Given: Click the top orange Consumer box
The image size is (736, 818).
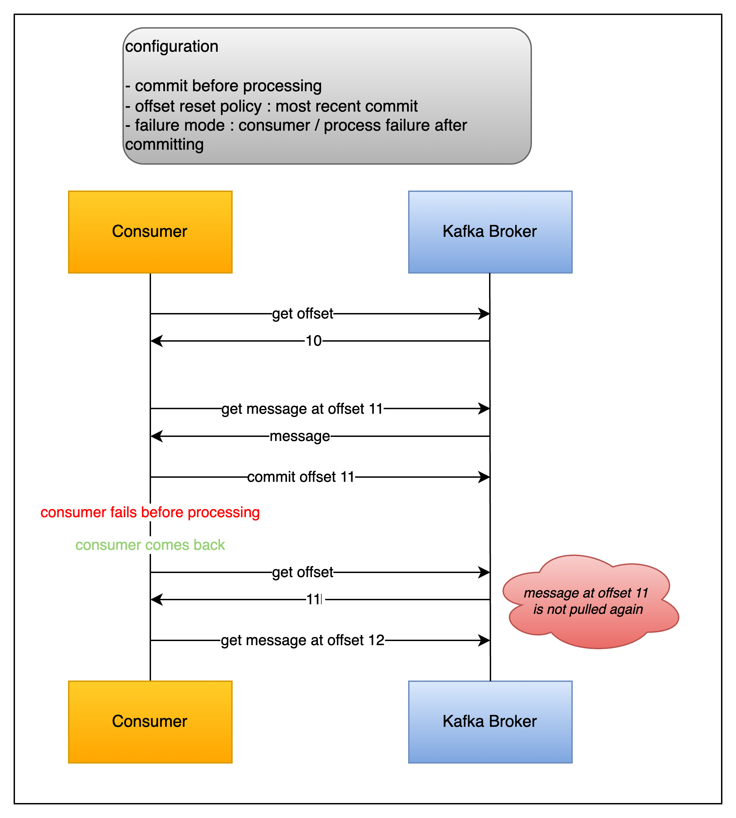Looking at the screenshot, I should pyautogui.click(x=150, y=232).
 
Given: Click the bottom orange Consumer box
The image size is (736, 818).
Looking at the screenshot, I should pyautogui.click(x=150, y=722).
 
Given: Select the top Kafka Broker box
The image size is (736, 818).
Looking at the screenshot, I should pyautogui.click(x=490, y=232).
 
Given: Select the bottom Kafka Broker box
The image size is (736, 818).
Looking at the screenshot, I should pyautogui.click(x=490, y=722).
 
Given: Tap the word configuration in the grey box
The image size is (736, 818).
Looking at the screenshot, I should pyautogui.click(x=171, y=47).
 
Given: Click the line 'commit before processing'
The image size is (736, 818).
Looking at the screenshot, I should pyautogui.click(x=224, y=86).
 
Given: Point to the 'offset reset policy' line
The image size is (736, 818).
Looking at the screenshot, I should pyautogui.click(x=271, y=106).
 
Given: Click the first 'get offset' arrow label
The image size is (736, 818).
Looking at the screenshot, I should pyautogui.click(x=302, y=313).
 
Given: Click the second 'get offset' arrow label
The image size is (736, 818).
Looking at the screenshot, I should pyautogui.click(x=302, y=572).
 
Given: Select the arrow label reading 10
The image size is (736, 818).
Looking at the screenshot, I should pyautogui.click(x=313, y=341).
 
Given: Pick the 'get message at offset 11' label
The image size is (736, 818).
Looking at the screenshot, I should pyautogui.click(x=302, y=409).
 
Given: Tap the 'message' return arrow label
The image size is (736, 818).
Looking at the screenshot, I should pyautogui.click(x=300, y=436).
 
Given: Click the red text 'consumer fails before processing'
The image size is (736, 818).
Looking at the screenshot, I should pyautogui.click(x=150, y=512).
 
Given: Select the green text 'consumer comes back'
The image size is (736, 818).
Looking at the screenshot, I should pyautogui.click(x=150, y=545).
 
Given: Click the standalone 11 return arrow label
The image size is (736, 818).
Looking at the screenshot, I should pyautogui.click(x=314, y=600).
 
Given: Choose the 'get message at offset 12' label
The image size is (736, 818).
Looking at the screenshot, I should pyautogui.click(x=302, y=640).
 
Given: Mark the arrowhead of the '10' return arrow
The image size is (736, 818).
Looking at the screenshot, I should pyautogui.click(x=156, y=341).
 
